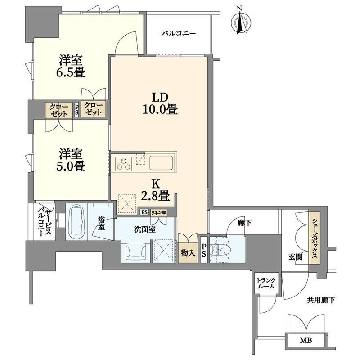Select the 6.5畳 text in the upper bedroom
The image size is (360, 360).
pos(71,72)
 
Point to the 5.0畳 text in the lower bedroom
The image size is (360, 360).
pos(71,166)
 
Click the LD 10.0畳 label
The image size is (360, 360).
pos(160,104)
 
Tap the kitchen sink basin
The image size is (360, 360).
pos(161,163)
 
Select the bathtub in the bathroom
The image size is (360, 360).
pos(77,222)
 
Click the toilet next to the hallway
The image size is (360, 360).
pos(221,250)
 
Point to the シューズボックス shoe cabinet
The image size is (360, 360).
pos(314,238)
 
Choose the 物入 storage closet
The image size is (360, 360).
pos(188,253)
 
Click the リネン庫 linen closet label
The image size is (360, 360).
pos(158,212)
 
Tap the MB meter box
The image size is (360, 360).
pos(306,341)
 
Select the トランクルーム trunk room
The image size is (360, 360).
pos(266,283)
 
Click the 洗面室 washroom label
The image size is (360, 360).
pos(145,229)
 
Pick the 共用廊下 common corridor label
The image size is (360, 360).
pos(321,300)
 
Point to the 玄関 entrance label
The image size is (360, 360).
pos(295,257)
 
